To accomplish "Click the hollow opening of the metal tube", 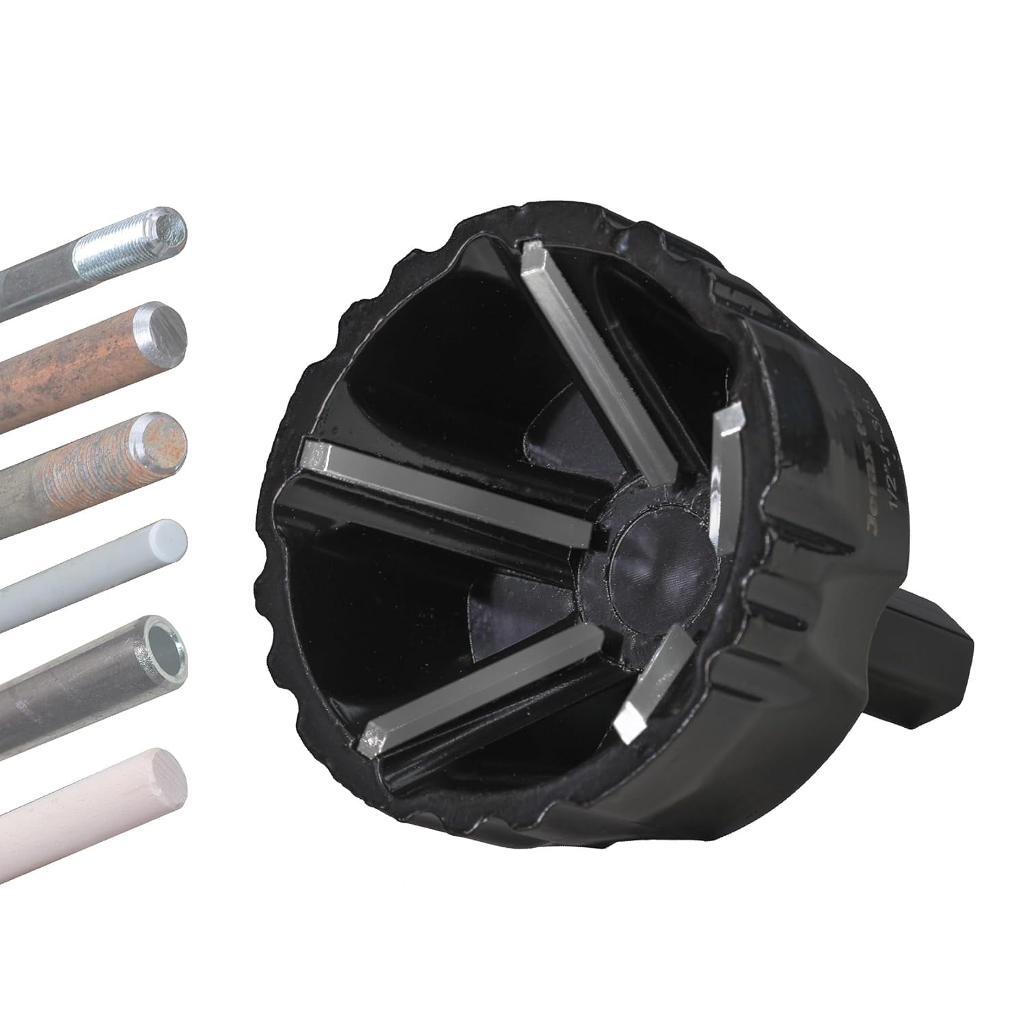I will pyautogui.click(x=161, y=644).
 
